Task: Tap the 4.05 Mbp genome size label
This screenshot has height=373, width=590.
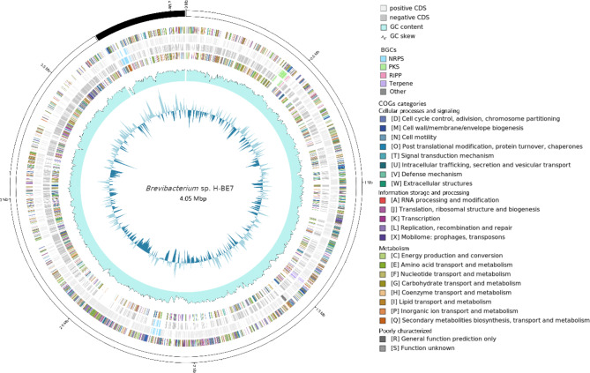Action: [187, 199]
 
